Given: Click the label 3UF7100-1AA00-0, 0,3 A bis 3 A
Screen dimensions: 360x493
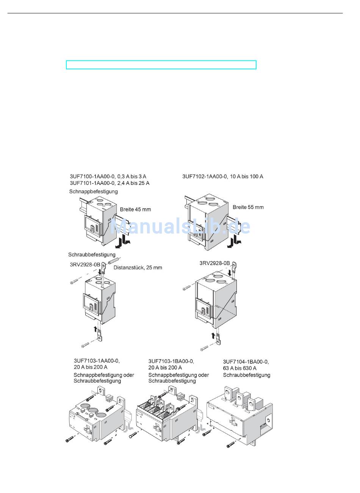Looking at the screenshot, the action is coord(108,177).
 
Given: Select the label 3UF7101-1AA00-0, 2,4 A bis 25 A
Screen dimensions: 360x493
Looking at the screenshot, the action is coord(110,183).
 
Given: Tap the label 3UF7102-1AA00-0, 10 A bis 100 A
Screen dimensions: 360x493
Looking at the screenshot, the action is coord(222,177).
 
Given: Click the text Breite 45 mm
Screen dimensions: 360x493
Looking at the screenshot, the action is coord(135,209).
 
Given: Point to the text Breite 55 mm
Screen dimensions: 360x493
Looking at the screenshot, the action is coord(248,207).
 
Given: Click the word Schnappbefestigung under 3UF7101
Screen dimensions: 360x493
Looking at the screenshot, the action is coord(93,192).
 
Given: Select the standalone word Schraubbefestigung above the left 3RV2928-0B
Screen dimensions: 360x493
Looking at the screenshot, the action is coord(92,255).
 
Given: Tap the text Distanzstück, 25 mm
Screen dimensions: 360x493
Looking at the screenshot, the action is coord(138,268).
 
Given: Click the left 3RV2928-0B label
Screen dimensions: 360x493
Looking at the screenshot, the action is coord(85,264).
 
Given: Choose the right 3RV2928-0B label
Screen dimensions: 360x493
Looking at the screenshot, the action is coord(214,263).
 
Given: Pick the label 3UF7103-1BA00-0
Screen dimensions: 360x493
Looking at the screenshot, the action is coord(171,361).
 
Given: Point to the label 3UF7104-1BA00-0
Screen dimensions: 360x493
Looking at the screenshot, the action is coord(246,362).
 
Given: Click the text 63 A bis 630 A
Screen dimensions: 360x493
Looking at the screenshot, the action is coord(239,368).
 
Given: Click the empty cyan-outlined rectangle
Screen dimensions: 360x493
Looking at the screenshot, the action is coord(161,65).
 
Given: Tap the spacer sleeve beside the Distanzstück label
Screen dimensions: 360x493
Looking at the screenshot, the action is coord(114,261).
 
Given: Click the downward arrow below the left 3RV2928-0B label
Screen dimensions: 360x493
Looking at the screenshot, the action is coord(99,272).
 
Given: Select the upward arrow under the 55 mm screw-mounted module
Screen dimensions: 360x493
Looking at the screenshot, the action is coord(213,335).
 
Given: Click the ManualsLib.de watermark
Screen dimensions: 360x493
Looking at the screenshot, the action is coord(180,226).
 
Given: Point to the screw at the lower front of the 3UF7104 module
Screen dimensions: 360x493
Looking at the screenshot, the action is coord(230,444).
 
